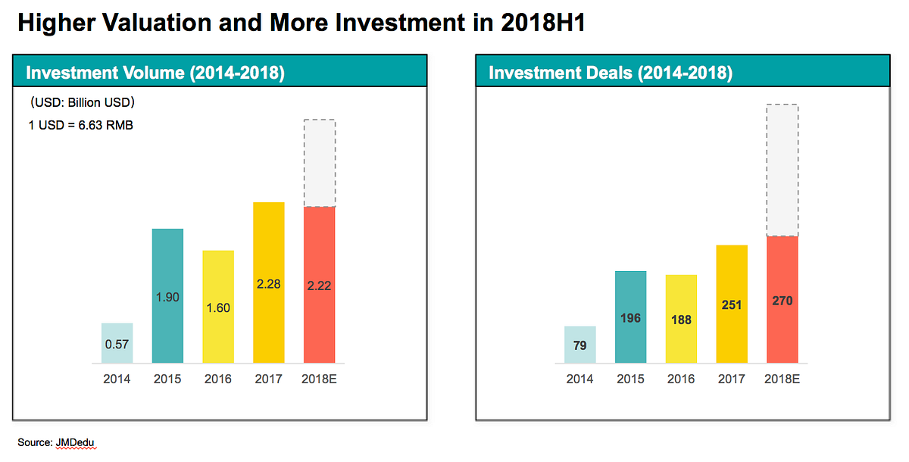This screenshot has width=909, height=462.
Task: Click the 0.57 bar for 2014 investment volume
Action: pos(117,343)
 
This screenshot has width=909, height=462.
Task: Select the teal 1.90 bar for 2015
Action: pos(167,295)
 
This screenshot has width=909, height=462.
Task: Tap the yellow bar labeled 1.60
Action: pos(218,307)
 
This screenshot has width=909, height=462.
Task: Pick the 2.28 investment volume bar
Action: pos(269,283)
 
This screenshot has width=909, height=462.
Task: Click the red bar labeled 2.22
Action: pos(320,285)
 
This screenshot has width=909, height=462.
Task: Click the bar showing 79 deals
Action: pos(580,345)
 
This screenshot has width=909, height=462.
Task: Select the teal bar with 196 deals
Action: pos(630,317)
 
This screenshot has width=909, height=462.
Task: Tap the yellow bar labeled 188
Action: pos(681,319)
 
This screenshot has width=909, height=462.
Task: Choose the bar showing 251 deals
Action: pos(732,304)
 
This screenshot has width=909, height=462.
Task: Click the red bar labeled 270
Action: pos(782,299)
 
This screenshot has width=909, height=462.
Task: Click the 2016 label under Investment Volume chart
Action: pos(218,379)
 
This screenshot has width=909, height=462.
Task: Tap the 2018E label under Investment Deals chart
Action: pos(782,379)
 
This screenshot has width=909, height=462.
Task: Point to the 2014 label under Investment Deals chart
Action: pos(579,379)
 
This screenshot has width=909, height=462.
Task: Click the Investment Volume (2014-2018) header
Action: pos(155,73)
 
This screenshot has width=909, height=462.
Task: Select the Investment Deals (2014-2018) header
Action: pos(611,73)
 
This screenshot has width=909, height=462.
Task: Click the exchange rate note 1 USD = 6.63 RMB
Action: pos(81,125)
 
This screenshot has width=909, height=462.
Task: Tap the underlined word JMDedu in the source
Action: pos(75,442)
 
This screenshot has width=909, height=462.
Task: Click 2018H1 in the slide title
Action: pos(543,22)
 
